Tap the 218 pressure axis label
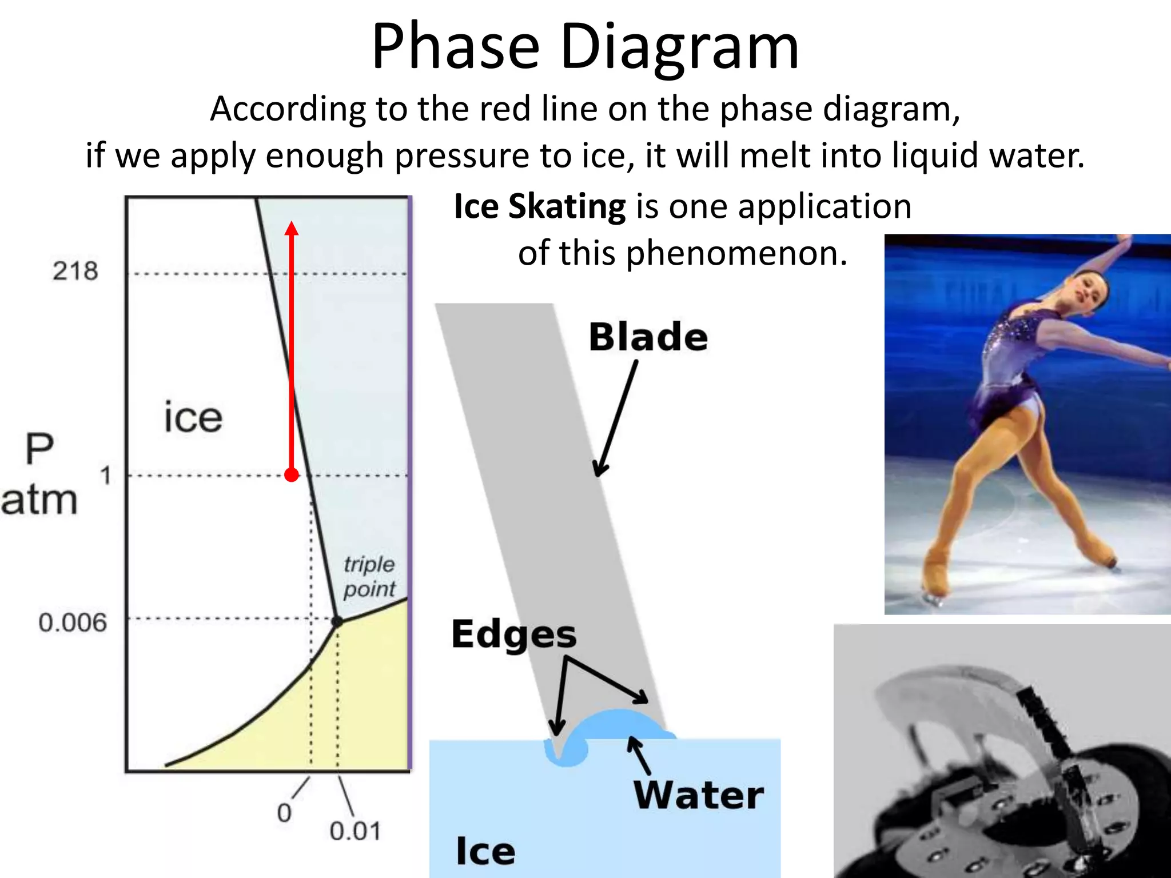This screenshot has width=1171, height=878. click(x=75, y=271)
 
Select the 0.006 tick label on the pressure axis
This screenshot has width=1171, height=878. click(x=73, y=622)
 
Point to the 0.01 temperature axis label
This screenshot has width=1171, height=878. click(x=355, y=831)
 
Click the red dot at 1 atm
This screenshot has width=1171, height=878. click(x=292, y=475)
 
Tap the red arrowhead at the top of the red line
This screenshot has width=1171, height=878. click(x=292, y=229)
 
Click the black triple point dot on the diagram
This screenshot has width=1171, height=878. click(x=337, y=621)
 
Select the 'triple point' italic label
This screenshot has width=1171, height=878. click(x=369, y=576)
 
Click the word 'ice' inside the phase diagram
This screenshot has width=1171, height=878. click(x=193, y=417)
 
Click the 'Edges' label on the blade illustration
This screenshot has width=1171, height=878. click(x=513, y=634)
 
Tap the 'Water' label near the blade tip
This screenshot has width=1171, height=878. click(x=698, y=795)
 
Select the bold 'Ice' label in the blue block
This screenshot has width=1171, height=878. click(x=485, y=851)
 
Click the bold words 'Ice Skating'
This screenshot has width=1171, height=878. click(x=540, y=206)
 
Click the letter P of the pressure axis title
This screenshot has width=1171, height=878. click(x=39, y=449)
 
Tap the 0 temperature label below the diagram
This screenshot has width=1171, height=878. click(x=284, y=812)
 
